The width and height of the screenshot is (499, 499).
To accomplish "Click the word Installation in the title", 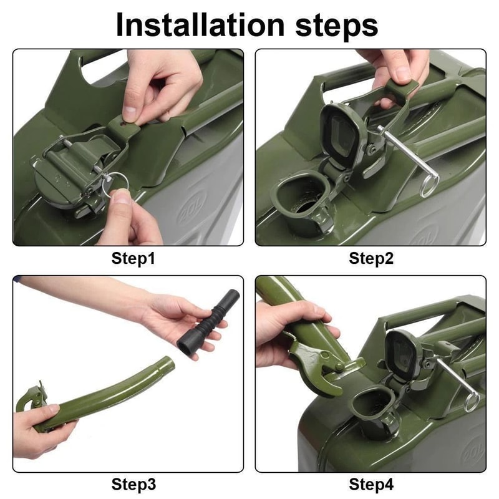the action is coord(200,25).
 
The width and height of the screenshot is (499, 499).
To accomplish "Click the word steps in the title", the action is coord(337,26).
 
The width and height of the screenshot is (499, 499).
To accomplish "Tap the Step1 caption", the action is coord(133,258).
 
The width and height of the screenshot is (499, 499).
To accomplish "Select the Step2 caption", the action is coord(371,258).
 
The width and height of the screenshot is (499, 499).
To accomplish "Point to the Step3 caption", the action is coord(133,484).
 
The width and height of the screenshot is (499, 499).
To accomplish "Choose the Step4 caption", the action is coord(371,484).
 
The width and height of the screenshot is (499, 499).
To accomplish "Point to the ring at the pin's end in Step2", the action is coord(429,186).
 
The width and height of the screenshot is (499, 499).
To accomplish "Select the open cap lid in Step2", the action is coord(342,135).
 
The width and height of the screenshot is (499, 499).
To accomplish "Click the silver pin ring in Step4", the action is coord(472,402).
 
